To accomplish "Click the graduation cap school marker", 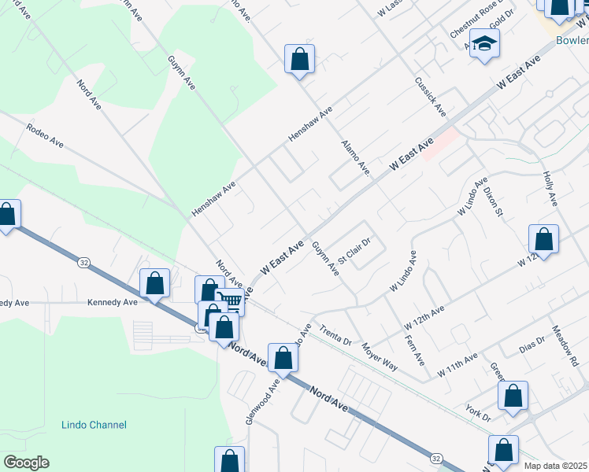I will [485, 45].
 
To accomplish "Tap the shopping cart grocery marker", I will [229, 300].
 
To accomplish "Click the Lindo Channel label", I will [94, 425].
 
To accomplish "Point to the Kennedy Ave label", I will [113, 301].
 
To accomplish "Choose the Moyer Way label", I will [379, 356].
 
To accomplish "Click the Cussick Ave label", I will [431, 98].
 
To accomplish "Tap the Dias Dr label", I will [533, 347].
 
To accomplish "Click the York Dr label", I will [479, 411].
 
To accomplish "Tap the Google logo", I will [26, 463].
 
